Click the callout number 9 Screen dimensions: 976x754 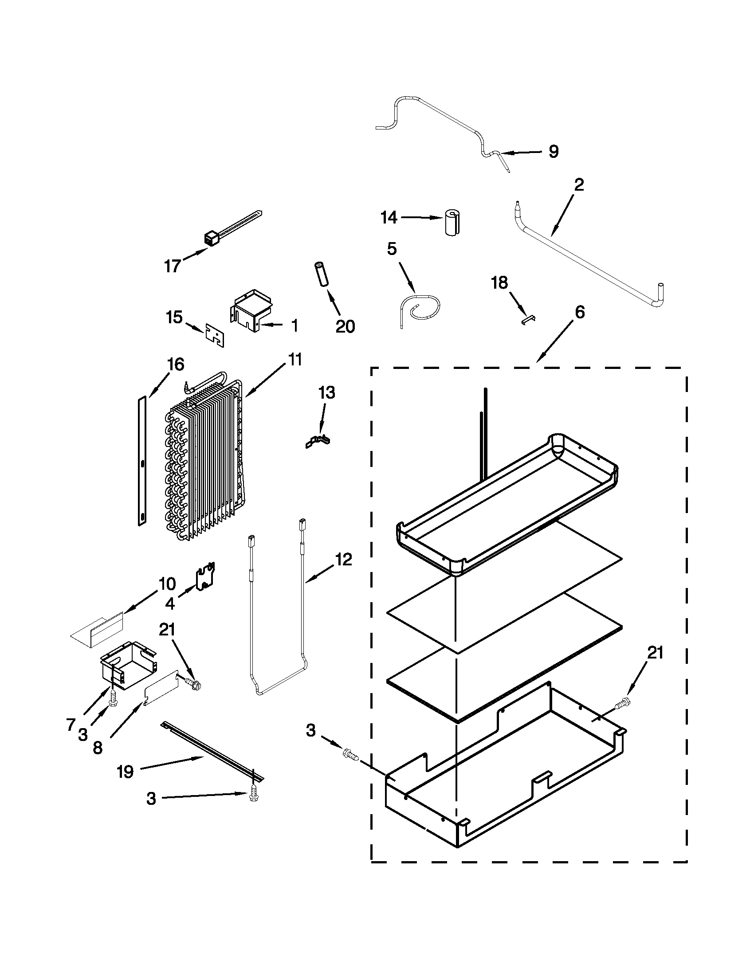[554, 152]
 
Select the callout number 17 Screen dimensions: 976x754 [173, 267]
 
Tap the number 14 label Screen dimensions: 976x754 [389, 218]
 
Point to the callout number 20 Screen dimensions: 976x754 [345, 327]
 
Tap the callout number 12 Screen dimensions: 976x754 [343, 560]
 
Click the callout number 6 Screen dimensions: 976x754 [579, 313]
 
